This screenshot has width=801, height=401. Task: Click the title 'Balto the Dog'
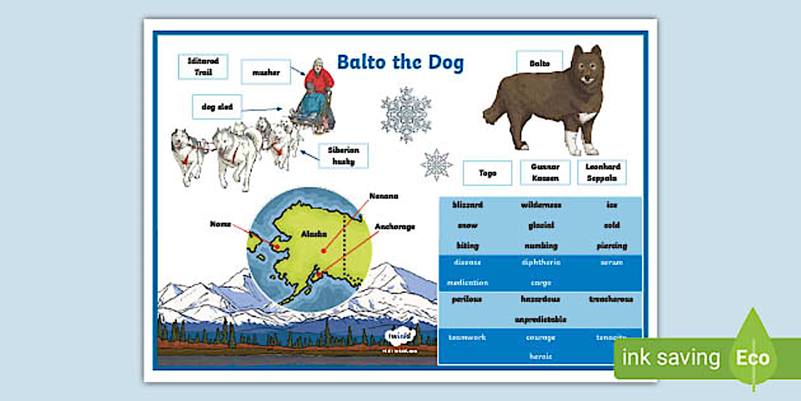point(400,63)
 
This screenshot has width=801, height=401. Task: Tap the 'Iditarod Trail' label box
point(203,67)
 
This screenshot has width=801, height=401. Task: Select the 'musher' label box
point(266,73)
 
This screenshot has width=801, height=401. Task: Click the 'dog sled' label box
point(217,107)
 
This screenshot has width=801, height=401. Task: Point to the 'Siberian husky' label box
point(343,156)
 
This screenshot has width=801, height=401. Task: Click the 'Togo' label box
point(487,173)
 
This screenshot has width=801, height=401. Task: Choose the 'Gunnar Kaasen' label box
point(545,172)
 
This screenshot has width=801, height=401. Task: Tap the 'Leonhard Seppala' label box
point(601,172)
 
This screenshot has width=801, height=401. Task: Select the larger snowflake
point(406,115)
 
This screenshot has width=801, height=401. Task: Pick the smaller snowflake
point(437,165)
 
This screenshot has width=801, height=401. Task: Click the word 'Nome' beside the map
point(220,224)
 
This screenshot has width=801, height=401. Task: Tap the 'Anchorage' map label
point(394,227)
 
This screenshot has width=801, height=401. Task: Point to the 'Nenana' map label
point(384,196)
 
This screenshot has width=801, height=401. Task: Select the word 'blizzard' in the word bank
point(467,205)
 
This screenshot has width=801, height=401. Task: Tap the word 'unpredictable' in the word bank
point(540,320)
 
